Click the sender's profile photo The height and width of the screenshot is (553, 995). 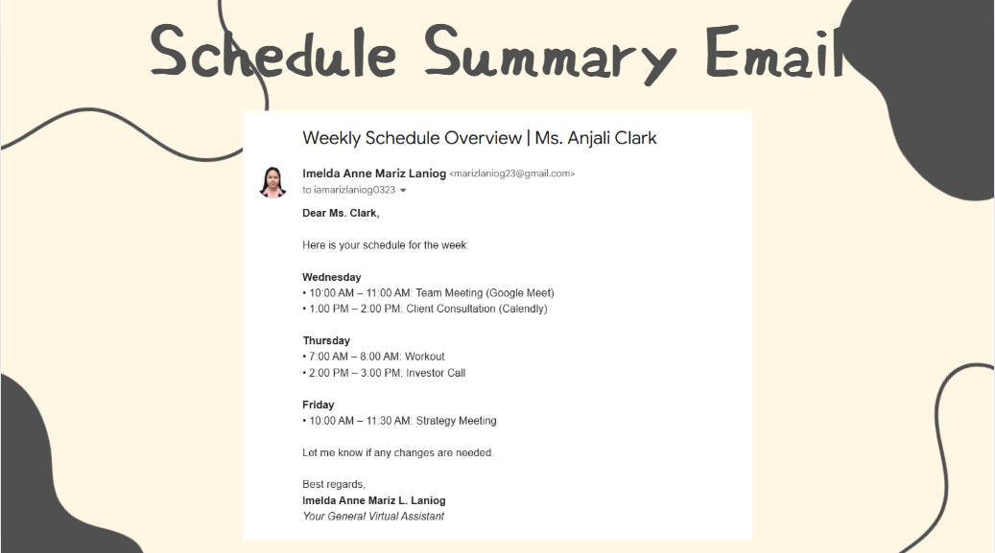[x=272, y=182]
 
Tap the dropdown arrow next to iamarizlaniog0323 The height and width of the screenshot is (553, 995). [x=403, y=191]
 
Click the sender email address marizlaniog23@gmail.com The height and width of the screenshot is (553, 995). [x=512, y=173]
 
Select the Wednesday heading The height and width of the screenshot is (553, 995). [x=331, y=277]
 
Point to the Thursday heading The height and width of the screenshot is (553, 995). [x=326, y=340]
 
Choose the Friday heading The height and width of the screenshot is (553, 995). [x=318, y=404]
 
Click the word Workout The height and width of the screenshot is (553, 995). [x=424, y=357]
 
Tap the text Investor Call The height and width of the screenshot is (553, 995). [x=436, y=373]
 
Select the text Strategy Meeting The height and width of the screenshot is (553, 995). [x=457, y=421]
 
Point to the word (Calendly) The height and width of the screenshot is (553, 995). [x=523, y=309]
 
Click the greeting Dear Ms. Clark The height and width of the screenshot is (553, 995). [x=341, y=213]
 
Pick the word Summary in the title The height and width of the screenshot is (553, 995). [x=550, y=54]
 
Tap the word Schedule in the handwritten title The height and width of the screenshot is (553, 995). [x=273, y=52]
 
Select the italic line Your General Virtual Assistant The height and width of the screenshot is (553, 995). [x=373, y=517]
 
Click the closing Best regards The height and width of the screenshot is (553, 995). [x=334, y=485]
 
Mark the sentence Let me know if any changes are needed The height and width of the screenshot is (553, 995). [x=398, y=452]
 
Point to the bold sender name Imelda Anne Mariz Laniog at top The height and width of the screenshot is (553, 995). [x=374, y=173]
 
